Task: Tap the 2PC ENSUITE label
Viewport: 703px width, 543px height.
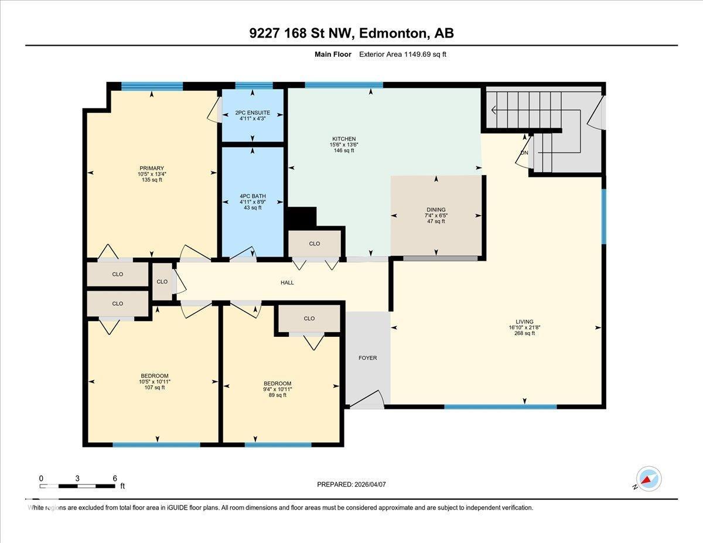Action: point(252,112)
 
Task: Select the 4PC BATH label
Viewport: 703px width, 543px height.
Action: point(252,196)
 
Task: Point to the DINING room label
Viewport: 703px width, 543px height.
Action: point(436,210)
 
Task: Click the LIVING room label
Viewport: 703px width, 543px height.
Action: point(524,322)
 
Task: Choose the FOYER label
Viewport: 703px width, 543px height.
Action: point(368,358)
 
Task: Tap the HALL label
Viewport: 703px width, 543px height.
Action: point(287,282)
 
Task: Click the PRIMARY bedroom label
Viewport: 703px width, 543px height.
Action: point(151,168)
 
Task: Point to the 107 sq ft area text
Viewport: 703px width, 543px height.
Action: point(155,387)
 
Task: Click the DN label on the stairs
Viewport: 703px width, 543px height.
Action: point(524,153)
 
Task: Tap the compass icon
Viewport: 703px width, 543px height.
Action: point(649,479)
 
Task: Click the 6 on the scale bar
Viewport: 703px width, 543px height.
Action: point(115,478)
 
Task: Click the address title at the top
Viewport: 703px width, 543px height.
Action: point(351,34)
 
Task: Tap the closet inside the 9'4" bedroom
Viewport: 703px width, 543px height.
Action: point(309,319)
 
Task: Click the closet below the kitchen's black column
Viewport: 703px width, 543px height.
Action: point(315,244)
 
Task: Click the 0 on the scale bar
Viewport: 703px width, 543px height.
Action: point(41,478)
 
